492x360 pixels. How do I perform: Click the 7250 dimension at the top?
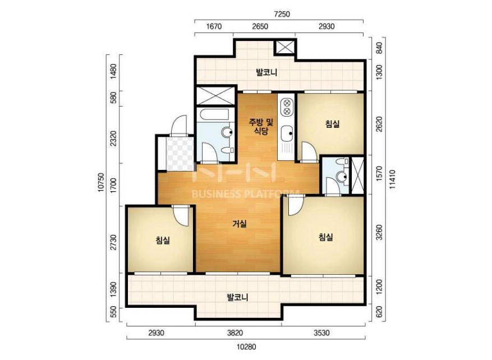click(282, 14)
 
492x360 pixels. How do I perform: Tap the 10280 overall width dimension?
click(246, 347)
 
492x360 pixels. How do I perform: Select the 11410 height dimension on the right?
click(393, 179)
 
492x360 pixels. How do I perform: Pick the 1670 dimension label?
click(214, 26)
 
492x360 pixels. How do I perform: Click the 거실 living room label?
click(240, 224)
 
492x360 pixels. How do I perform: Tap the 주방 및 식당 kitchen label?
click(261, 126)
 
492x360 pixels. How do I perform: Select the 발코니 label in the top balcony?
click(266, 73)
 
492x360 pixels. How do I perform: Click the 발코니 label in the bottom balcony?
click(237, 297)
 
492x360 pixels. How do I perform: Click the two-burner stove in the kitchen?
click(287, 107)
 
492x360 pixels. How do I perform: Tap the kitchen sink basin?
click(287, 134)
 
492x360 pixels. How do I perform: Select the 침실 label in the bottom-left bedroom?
click(163, 241)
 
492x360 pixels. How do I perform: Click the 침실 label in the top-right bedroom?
click(332, 124)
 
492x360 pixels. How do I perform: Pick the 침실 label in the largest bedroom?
click(326, 237)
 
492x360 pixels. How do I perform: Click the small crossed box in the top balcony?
click(285, 47)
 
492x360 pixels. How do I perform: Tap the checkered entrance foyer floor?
click(180, 154)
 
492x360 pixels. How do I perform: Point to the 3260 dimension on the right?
click(379, 232)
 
